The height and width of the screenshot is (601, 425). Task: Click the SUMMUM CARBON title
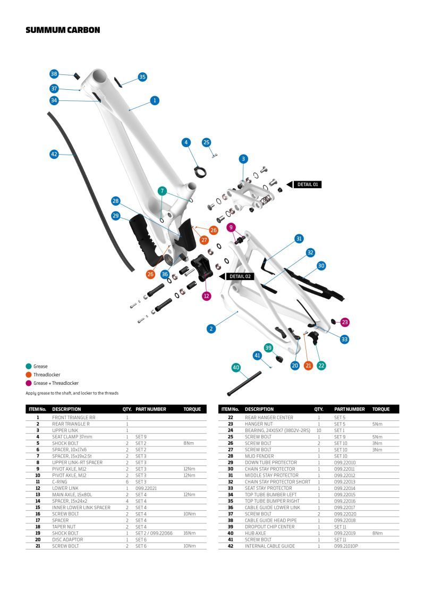pyautogui.click(x=63, y=30)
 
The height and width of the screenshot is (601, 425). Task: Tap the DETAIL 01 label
pyautogui.click(x=308, y=184)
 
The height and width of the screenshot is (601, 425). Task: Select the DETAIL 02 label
pyautogui.click(x=240, y=276)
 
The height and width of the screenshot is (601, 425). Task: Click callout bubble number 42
pyautogui.click(x=54, y=154)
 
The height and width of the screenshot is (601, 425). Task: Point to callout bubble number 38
pyautogui.click(x=54, y=74)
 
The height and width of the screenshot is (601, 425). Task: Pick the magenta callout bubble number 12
pyautogui.click(x=207, y=295)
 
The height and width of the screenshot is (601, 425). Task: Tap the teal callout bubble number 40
pyautogui.click(x=236, y=367)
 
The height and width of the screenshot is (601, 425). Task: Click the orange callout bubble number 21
pyautogui.click(x=308, y=365)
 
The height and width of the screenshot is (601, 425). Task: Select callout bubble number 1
pyautogui.click(x=155, y=100)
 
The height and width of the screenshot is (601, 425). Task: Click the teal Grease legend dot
pyautogui.click(x=28, y=366)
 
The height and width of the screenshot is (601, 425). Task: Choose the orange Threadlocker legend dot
pyautogui.click(x=28, y=375)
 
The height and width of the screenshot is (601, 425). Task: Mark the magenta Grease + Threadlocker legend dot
pyautogui.click(x=28, y=383)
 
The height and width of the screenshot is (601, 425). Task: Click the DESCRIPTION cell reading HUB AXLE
pyautogui.click(x=254, y=533)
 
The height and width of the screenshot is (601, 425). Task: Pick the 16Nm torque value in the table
pyautogui.click(x=189, y=533)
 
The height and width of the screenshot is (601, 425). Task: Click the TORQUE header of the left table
pyautogui.click(x=192, y=409)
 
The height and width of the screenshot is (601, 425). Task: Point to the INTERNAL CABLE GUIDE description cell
pyautogui.click(x=269, y=546)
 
